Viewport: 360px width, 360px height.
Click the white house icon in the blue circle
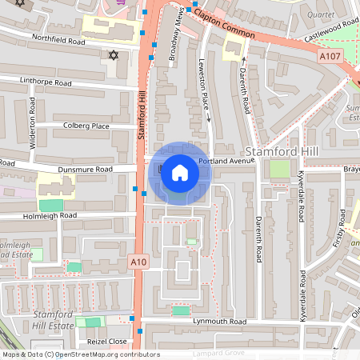(180, 173)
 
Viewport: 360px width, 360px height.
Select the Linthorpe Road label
(46, 82)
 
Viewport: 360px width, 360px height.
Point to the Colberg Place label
(86, 126)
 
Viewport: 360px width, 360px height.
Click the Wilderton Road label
(33, 123)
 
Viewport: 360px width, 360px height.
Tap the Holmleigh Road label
(50, 215)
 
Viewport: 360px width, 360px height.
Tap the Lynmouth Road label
(220, 321)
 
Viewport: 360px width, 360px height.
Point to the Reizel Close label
(107, 341)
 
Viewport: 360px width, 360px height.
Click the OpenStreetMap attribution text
(80, 354)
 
